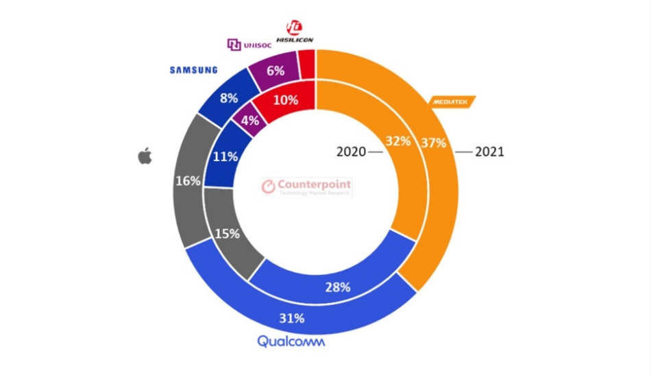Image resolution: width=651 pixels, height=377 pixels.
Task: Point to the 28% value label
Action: pyautogui.click(x=337, y=287)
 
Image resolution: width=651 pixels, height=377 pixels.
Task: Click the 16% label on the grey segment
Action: pyautogui.click(x=188, y=181)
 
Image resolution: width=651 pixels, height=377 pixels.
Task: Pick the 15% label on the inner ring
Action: pyautogui.click(x=226, y=233)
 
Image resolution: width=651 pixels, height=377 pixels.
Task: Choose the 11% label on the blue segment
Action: pyautogui.click(x=225, y=156)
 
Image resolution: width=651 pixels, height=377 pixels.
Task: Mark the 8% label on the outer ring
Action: pyautogui.click(x=228, y=97)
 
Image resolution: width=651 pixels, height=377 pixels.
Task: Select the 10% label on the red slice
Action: pyautogui.click(x=285, y=100)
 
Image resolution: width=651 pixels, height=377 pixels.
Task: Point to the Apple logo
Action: pyautogui.click(x=145, y=156)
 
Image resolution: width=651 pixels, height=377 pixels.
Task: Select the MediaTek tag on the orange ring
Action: pyautogui.click(x=452, y=101)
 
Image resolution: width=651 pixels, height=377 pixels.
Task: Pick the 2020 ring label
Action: pyautogui.click(x=352, y=151)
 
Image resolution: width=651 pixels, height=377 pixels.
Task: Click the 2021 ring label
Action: pyautogui.click(x=489, y=151)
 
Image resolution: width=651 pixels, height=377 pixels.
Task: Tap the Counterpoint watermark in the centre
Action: pyautogui.click(x=308, y=186)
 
